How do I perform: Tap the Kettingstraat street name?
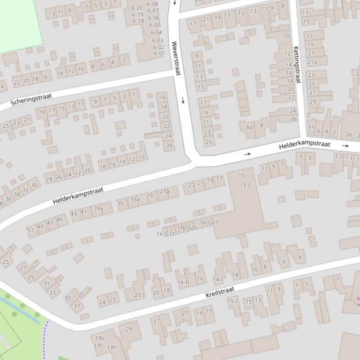pos(296,65)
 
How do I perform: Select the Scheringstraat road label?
pos(31,99)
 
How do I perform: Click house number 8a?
pos(249,127)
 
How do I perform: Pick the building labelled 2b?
pos(348,135)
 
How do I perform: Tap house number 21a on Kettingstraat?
pos(312,62)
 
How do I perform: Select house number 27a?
pos(165,192)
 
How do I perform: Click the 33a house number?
pos(135,199)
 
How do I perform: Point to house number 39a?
pos(98,209)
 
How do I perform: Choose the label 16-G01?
pos(209,223)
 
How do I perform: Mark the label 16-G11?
pos(166,234)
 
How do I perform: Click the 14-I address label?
pos(218,280)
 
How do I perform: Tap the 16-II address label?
pos(183,282)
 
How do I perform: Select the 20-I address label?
pos(139,295)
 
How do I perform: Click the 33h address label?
pos(111,347)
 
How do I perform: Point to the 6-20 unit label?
pos(137,8)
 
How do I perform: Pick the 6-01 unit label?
pos(159,53)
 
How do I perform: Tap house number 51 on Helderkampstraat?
pos(30,230)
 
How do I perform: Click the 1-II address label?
pos(338,158)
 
